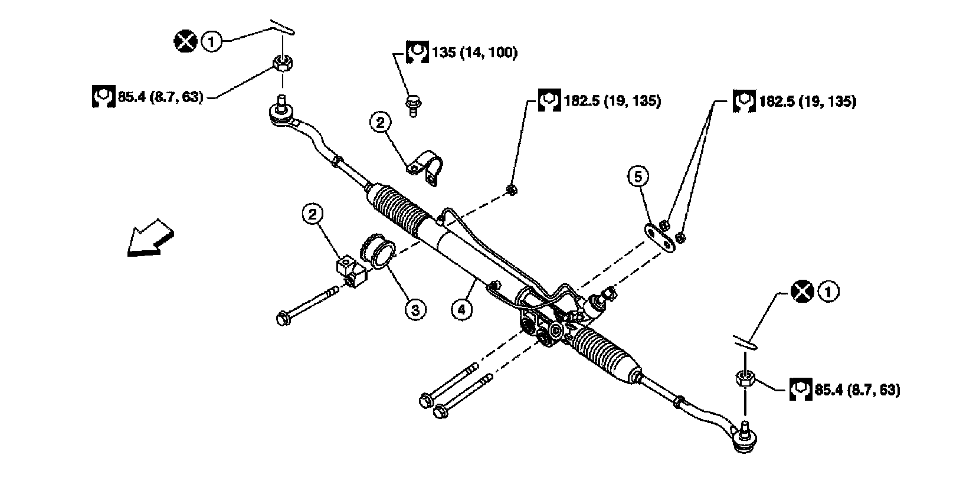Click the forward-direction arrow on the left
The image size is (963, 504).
pos(150,239)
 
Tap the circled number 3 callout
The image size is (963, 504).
pos(415,310)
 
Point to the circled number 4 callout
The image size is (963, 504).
pos(461,309)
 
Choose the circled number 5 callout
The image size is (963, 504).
pos(638,176)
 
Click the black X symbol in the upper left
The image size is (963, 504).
pos(185,41)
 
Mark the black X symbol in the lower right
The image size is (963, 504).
pos(802,292)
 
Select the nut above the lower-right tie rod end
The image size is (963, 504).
pos(745,378)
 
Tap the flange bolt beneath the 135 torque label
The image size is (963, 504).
pos(413,106)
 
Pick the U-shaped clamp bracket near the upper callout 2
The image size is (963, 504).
pos(425,167)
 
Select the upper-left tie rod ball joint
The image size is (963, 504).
pos(283,113)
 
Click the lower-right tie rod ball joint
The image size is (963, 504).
pos(745,438)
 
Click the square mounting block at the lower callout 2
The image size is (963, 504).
pos(351,271)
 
